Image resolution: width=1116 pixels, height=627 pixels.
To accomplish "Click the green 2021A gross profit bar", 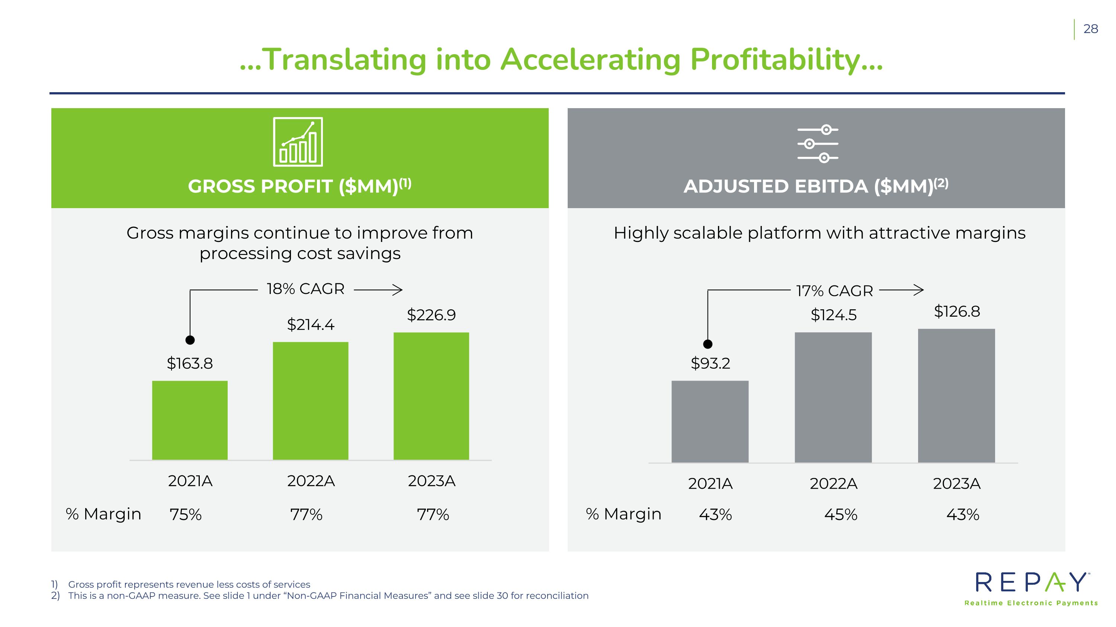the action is tap(190, 420).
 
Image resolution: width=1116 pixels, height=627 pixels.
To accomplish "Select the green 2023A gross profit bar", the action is tap(431, 396).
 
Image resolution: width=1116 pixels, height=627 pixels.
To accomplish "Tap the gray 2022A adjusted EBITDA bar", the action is tap(833, 397).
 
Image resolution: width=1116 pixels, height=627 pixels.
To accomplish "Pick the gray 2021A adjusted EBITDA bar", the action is tap(710, 421).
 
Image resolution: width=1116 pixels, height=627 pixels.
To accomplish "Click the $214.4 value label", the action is tap(311, 324).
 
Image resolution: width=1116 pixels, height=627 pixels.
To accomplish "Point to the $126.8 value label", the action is tap(956, 311).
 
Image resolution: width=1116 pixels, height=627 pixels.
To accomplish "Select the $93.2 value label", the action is tap(710, 363).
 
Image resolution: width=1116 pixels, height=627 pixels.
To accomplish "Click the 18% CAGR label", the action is tap(305, 289).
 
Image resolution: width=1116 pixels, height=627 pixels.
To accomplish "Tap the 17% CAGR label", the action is tap(834, 291).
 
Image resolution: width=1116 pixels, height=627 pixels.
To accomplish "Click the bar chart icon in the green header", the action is tap(298, 142).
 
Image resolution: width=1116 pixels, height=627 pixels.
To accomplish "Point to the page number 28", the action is tap(1090, 29).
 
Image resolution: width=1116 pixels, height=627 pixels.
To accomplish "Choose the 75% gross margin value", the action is tap(185, 514).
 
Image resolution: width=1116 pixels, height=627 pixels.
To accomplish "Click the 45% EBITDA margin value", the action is tap(840, 514).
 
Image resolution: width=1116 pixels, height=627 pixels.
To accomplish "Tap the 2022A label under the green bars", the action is tap(311, 481).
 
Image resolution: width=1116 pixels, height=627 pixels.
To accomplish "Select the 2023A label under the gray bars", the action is tap(956, 483).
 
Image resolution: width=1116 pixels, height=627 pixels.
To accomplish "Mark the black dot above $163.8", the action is tap(190, 340).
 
